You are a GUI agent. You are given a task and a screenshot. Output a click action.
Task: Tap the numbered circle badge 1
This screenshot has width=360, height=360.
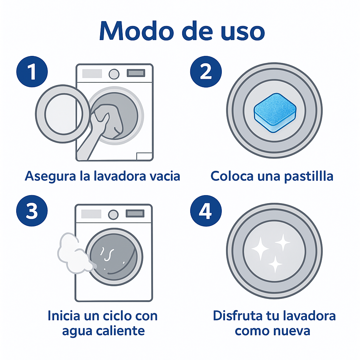pyautogui.click(x=32, y=72)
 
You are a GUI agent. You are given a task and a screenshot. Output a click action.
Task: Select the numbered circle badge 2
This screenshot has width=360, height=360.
pyautogui.click(x=206, y=72)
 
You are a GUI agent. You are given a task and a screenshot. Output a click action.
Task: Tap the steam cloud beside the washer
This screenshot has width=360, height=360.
pyautogui.click(x=72, y=252)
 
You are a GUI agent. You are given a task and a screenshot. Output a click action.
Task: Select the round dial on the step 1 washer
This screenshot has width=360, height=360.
pyautogui.click(x=114, y=73)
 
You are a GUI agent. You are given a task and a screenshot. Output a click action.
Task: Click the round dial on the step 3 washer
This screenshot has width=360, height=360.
pyautogui.click(x=113, y=214)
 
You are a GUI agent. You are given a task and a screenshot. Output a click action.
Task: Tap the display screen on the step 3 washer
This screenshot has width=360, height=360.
pyautogui.click(x=135, y=213)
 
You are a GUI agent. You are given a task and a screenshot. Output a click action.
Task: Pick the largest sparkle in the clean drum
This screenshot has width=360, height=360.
pyautogui.click(x=259, y=248)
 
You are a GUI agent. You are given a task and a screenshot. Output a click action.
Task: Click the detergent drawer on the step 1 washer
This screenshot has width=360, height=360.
pyautogui.click(x=92, y=73)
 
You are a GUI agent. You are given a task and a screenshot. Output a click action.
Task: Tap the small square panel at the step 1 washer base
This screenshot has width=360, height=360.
pyautogui.click(x=144, y=156)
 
